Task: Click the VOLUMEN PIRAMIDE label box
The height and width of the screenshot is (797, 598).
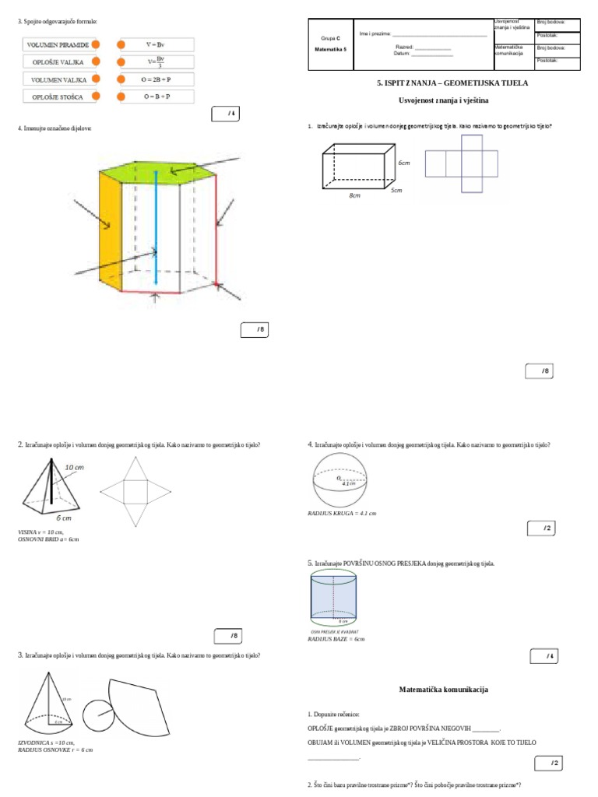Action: pos(58,45)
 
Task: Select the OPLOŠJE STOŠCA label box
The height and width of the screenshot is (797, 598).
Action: pos(58,97)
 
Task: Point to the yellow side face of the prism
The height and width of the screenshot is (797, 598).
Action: pos(111,230)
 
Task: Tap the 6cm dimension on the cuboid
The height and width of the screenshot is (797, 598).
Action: pos(404,163)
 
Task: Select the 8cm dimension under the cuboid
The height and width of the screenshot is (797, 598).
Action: pos(355,195)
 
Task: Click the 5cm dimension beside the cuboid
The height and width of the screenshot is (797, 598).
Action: pos(396,190)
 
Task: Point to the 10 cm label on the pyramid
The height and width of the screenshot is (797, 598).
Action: pos(75,466)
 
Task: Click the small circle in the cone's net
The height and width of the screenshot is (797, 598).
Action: pos(97,712)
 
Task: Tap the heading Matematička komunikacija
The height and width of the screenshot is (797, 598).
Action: pos(444,690)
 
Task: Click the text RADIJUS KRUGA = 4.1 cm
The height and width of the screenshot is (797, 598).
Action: pos(343,514)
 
